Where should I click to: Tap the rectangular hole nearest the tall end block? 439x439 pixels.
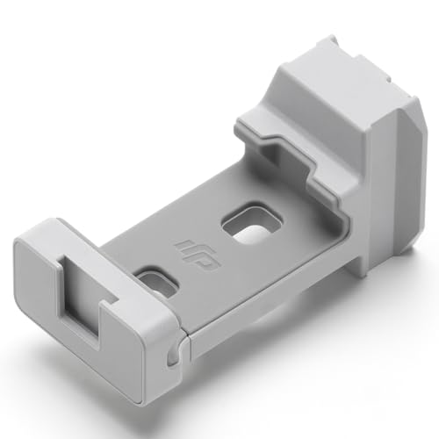[252, 221]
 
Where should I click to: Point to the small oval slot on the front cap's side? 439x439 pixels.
[173, 355]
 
